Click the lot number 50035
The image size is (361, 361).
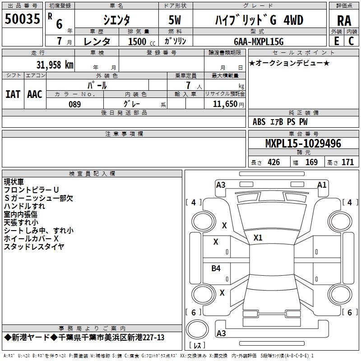[x=22, y=19]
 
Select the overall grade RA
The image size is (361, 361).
[x=344, y=21]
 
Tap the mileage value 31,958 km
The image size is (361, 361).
[x=55, y=65]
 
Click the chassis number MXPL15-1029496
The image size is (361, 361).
[x=303, y=143]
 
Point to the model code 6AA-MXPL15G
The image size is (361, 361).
[x=259, y=42]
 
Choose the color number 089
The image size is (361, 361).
[x=74, y=104]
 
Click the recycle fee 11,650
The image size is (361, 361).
[x=225, y=104]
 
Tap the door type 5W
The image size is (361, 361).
[x=175, y=20]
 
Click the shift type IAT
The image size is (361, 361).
[x=13, y=94]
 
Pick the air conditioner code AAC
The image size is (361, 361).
[x=35, y=94]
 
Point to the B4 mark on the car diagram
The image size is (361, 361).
[x=216, y=268]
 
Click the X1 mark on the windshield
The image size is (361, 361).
[x=258, y=238]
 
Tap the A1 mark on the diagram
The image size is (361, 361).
[x=322, y=185]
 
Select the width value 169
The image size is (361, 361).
[x=311, y=162]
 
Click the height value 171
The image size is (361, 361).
[x=347, y=162]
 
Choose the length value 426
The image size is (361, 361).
[x=274, y=162]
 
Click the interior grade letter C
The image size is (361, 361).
[x=351, y=41]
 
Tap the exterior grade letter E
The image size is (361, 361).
[x=336, y=41]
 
